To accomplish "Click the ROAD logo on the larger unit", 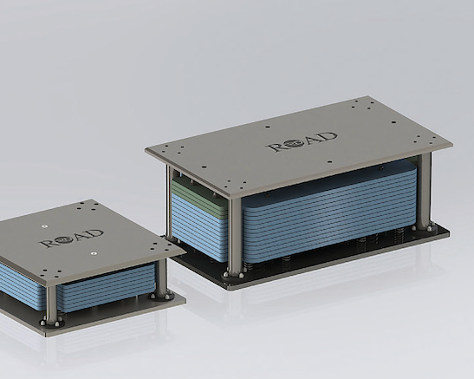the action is pos(302,142).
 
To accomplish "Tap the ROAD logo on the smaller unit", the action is pos(71,239).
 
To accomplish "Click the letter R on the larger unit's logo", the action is pos(276,147).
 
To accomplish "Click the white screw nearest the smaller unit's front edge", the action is pos(94,253).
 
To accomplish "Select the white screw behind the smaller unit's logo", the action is pos(44,226).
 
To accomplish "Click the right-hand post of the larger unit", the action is pos(425,191).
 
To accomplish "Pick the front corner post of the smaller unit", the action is pos(51,304).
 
